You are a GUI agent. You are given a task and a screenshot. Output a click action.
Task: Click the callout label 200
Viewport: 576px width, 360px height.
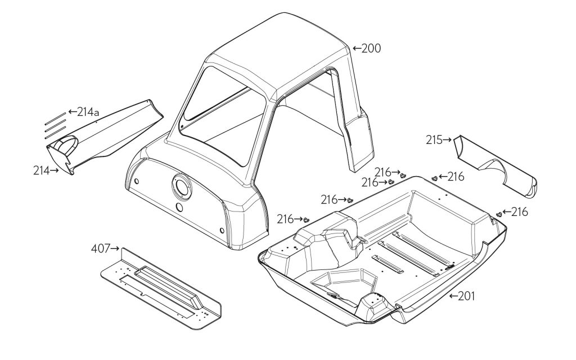371,49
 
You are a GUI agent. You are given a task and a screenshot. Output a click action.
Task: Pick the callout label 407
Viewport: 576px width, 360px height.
102,247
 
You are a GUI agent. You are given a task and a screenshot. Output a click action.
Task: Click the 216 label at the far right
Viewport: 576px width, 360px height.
520,211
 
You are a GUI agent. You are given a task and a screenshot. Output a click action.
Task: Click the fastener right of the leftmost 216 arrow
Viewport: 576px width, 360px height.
307,220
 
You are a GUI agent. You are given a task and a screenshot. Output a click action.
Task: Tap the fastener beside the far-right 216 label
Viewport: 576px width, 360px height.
499,214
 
